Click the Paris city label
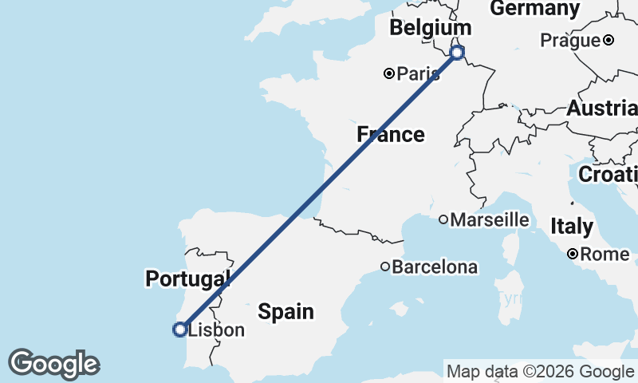point(419,74)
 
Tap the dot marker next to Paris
point(389,73)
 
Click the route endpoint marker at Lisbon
point(180,329)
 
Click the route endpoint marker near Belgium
point(457,53)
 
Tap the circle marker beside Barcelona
point(385,267)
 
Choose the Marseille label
point(490,219)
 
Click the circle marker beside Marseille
point(443,219)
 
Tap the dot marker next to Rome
point(573,255)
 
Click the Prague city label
point(570,40)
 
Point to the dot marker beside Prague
point(608,40)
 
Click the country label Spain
point(286,311)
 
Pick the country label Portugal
point(187,278)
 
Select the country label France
point(391,134)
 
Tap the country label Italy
point(572,227)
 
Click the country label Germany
point(534,9)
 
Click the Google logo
point(53,364)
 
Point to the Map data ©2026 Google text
point(540,372)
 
